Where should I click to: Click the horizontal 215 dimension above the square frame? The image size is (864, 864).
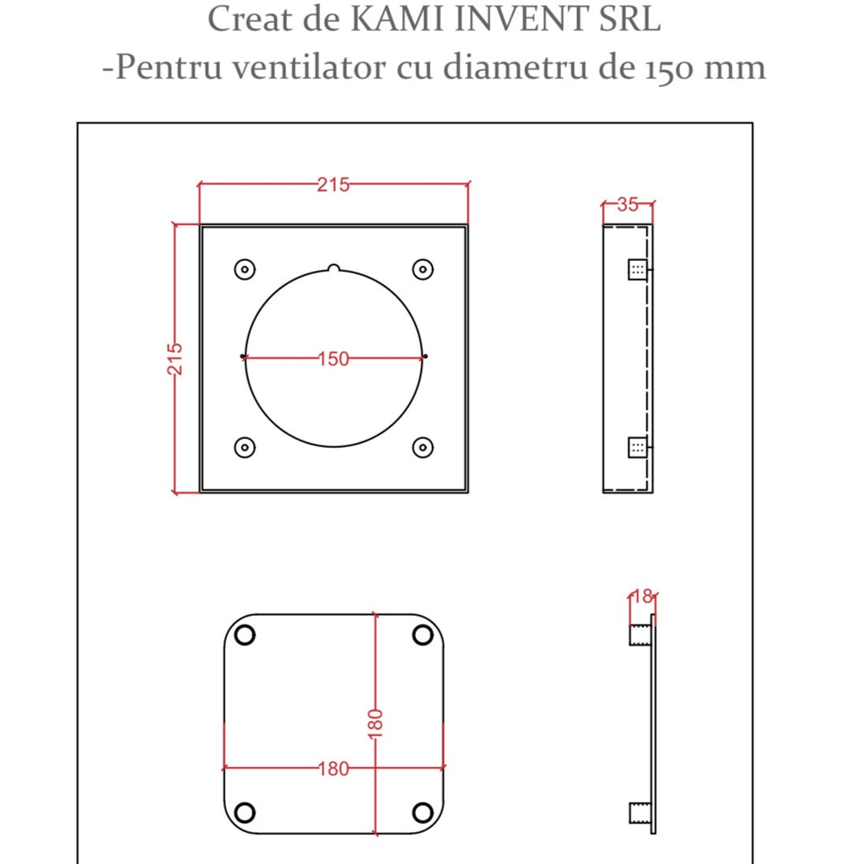pos(333,185)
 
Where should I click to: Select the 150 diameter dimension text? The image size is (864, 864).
pos(333,359)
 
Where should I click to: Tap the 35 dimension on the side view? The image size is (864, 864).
pos(628,204)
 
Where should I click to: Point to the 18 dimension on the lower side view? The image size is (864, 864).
pos(642,597)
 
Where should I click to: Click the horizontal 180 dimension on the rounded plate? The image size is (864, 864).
pos(333,769)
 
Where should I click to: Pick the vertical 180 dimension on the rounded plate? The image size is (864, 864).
pos(375,724)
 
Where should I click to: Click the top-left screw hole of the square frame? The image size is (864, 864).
pos(244,269)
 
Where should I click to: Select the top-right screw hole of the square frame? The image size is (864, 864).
pos(423,269)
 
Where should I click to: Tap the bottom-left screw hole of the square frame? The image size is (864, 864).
pos(244,447)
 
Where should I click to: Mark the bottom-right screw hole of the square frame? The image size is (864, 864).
pos(423,447)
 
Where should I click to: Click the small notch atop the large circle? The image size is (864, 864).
pos(333,269)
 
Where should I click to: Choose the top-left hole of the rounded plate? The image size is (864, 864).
pos(245,634)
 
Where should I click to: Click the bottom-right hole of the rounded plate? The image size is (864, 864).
pos(422,812)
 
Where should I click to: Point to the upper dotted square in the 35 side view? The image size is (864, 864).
pos(637,269)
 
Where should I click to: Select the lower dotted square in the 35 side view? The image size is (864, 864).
pos(637,447)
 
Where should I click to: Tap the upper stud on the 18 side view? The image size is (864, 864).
pos(640,634)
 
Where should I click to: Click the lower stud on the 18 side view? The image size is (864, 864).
pos(640,813)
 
